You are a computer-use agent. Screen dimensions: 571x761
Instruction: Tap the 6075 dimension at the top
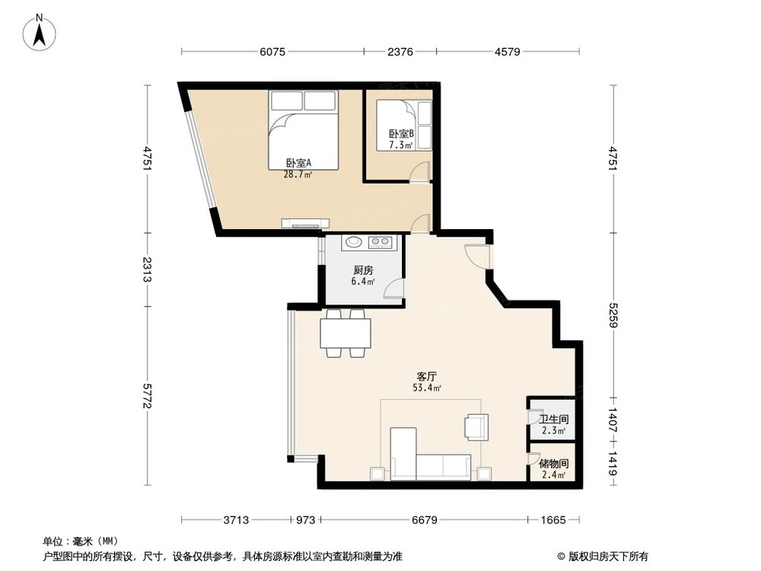pyautogui.click(x=272, y=52)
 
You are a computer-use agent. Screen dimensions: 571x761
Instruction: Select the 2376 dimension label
pyautogui.click(x=400, y=52)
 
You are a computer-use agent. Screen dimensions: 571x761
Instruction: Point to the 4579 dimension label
pyautogui.click(x=507, y=52)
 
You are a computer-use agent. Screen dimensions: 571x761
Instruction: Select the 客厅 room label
pyautogui.click(x=427, y=377)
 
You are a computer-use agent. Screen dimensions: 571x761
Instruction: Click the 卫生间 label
pyautogui.click(x=554, y=419)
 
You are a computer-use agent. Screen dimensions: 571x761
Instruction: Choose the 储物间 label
pyautogui.click(x=554, y=464)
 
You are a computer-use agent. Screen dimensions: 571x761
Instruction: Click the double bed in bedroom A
pyautogui.click(x=302, y=126)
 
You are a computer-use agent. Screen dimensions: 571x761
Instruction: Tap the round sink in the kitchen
pyautogui.click(x=353, y=243)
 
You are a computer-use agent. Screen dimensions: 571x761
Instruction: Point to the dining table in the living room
pyautogui.click(x=345, y=333)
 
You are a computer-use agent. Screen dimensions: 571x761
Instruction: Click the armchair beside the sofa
pyautogui.click(x=476, y=427)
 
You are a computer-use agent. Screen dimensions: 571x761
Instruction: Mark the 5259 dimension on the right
pyautogui.click(x=614, y=314)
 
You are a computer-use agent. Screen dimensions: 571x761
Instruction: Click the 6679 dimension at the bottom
pyautogui.click(x=425, y=520)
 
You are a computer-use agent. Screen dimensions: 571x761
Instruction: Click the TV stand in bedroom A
pyautogui.click(x=305, y=224)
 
